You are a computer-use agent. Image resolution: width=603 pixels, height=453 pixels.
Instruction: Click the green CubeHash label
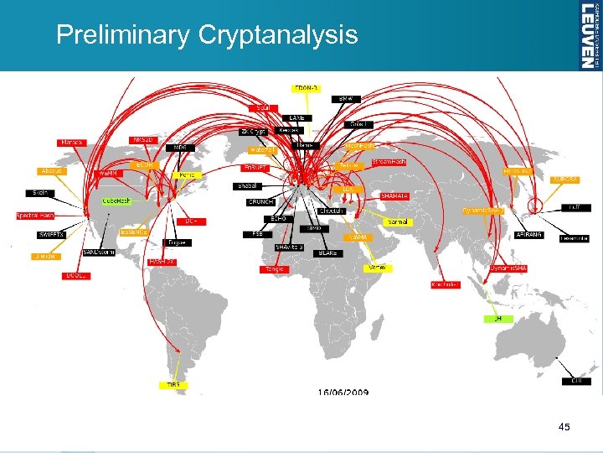click(116, 200)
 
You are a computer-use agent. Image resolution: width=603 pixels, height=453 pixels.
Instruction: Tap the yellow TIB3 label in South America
click(173, 385)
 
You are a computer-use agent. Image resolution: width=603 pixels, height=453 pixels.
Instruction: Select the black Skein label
click(39, 193)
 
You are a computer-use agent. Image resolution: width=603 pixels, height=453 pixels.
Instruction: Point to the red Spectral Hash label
click(35, 216)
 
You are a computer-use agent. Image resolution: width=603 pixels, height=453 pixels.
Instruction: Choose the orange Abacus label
click(52, 170)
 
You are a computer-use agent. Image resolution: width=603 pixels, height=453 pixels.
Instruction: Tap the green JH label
click(497, 319)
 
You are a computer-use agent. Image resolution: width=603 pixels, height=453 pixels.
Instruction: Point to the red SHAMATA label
click(394, 196)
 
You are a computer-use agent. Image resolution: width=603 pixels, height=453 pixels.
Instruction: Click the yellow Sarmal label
click(399, 221)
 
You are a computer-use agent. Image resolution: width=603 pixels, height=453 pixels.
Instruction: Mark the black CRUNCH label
click(261, 201)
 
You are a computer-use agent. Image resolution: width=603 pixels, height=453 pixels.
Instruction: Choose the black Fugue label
click(176, 242)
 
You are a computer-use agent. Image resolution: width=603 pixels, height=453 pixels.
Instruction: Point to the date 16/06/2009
click(343, 392)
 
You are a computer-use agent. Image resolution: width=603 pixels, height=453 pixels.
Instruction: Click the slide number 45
click(564, 428)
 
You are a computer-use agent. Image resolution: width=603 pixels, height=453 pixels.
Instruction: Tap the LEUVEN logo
click(590, 34)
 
